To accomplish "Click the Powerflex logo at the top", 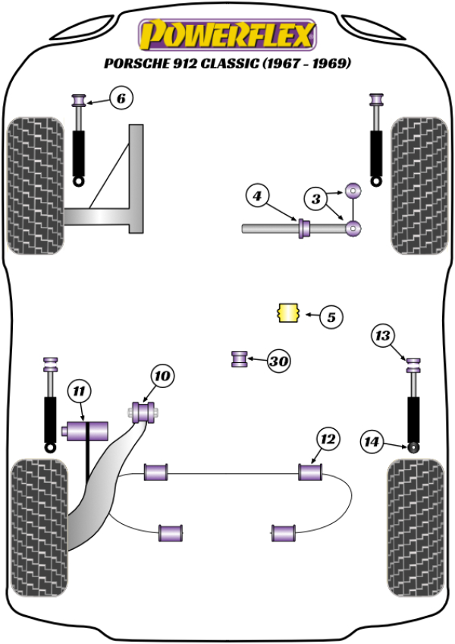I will (x=226, y=34).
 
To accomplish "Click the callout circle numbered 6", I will (x=121, y=97).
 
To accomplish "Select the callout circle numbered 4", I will (x=257, y=197).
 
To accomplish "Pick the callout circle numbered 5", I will (x=331, y=316).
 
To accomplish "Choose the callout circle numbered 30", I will (x=279, y=361).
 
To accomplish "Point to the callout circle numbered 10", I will (x=162, y=375).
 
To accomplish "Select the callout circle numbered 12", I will (x=327, y=438).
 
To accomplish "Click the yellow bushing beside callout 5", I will (x=287, y=312).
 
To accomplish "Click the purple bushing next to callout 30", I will (x=240, y=358).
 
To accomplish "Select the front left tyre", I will (x=35, y=186).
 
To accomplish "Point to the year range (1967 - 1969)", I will (x=306, y=65).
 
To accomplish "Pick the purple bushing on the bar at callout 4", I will (x=305, y=227).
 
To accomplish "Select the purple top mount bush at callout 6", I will (x=77, y=99).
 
